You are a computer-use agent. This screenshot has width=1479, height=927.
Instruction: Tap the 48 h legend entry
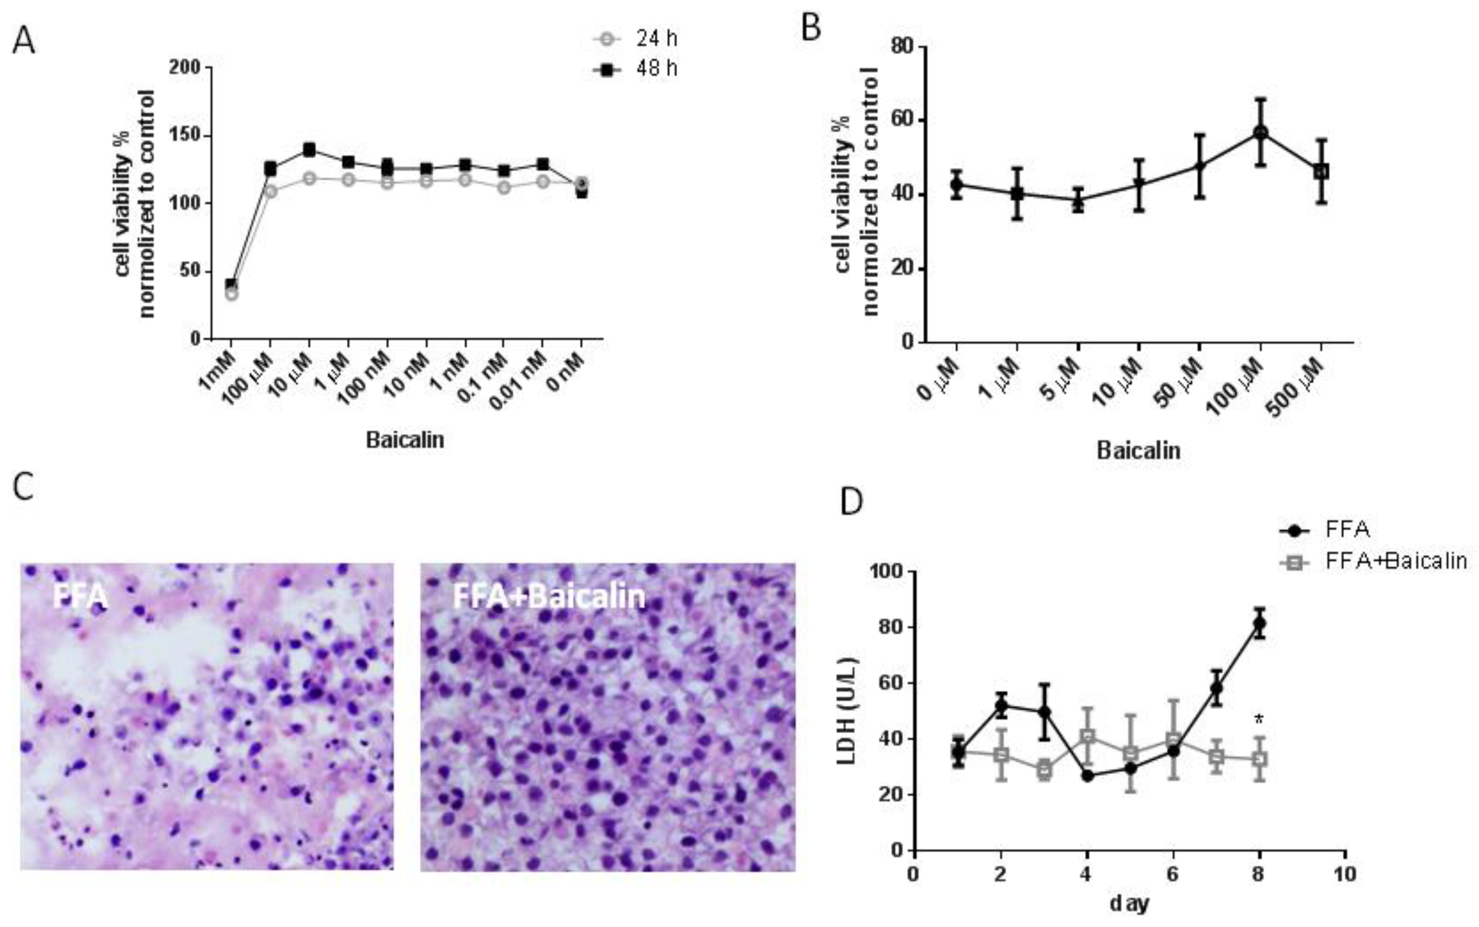click(x=637, y=69)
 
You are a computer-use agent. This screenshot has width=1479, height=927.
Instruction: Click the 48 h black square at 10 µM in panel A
click(x=309, y=149)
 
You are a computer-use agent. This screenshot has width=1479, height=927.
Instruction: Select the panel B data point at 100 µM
click(x=1260, y=132)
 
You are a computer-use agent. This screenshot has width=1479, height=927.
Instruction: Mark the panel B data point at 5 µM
click(x=1078, y=201)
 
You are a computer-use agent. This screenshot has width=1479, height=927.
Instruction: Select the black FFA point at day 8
click(x=1259, y=624)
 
